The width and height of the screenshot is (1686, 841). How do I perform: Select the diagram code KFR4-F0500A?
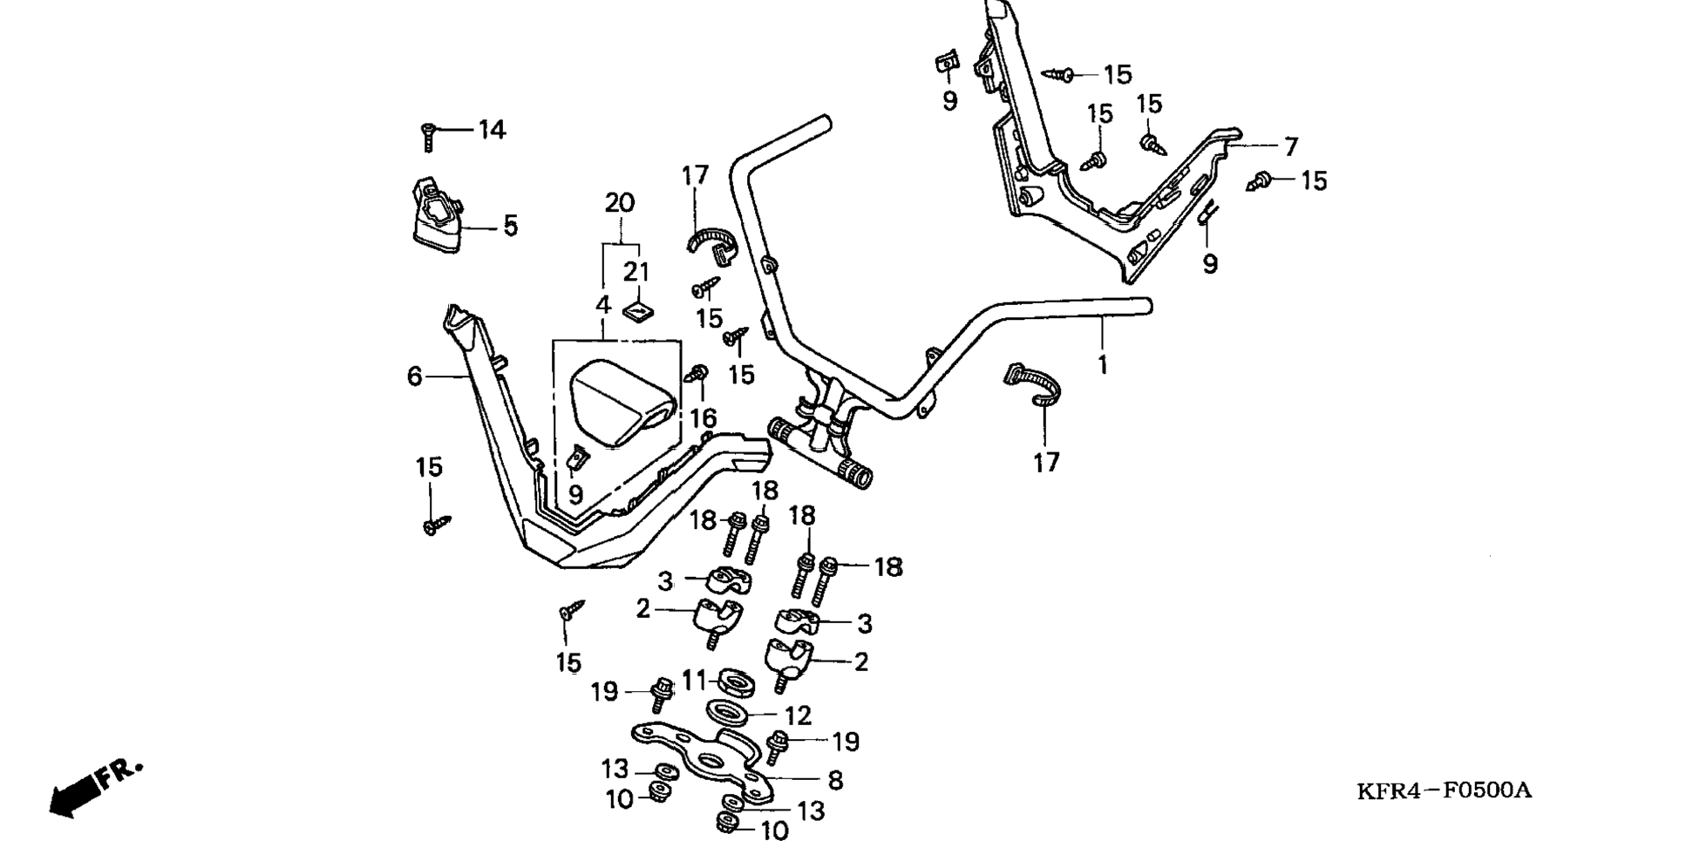(1444, 790)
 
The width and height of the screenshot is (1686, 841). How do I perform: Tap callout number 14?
(492, 130)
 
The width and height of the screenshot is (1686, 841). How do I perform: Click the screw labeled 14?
(428, 137)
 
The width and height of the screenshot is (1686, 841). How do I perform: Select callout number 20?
(620, 203)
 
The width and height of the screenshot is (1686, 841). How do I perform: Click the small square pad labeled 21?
(636, 311)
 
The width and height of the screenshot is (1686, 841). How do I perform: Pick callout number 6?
(415, 376)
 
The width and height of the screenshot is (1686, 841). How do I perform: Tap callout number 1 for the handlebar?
(1102, 364)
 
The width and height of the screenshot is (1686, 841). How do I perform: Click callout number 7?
(1291, 146)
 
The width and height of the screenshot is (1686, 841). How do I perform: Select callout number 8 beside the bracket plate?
(835, 781)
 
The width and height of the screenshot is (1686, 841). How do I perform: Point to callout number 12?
(798, 716)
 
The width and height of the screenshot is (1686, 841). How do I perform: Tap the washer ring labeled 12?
(727, 713)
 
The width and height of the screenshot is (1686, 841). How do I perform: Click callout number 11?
(694, 679)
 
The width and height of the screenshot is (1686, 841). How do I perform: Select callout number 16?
(704, 418)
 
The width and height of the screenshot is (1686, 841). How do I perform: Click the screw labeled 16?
(697, 375)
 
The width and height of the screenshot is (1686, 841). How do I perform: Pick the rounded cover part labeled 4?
(621, 403)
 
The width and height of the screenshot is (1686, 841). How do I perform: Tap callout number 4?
(602, 306)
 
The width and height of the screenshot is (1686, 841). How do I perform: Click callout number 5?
(510, 226)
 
